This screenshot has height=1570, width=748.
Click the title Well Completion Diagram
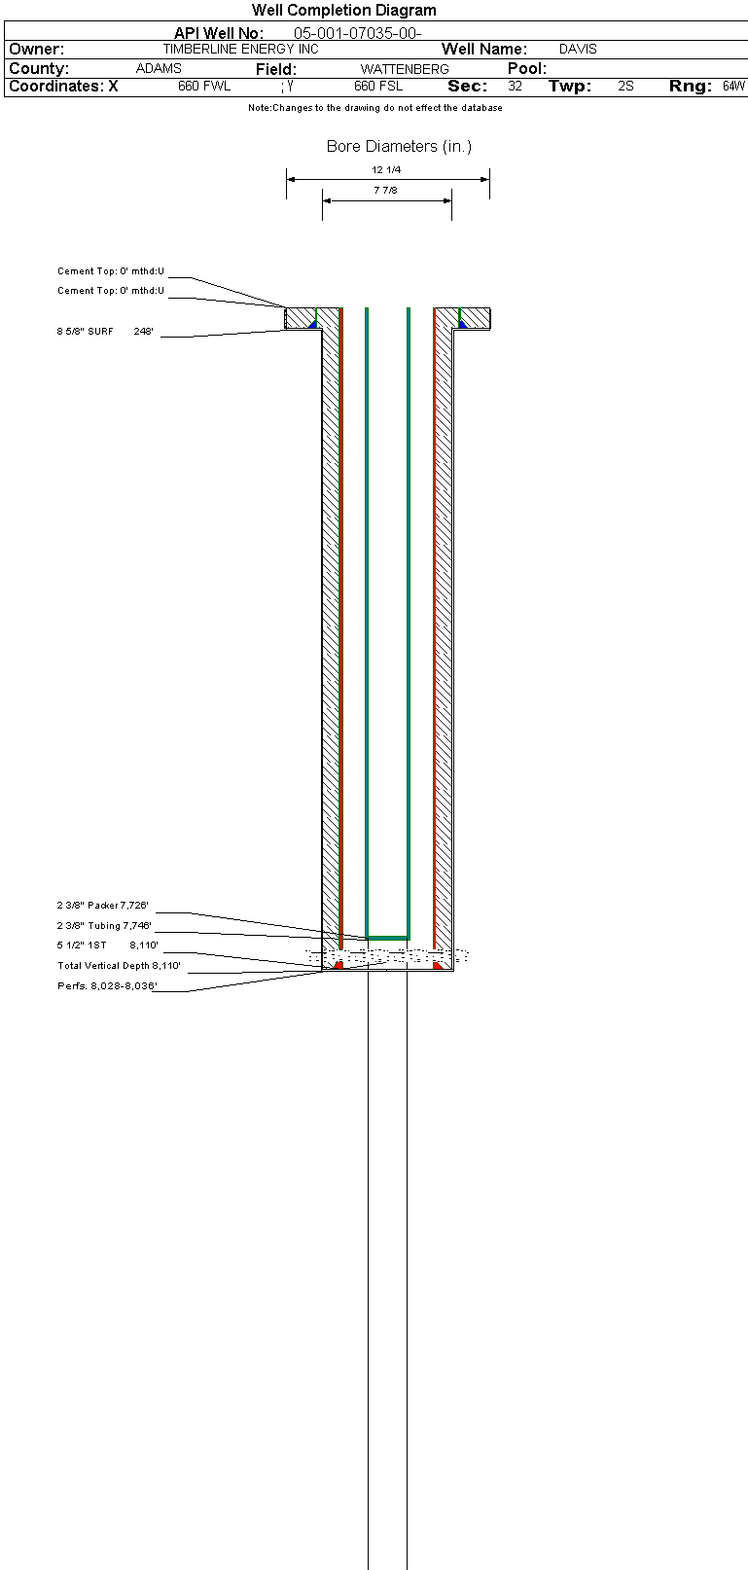[x=344, y=11]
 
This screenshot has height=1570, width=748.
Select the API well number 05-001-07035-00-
[x=357, y=34]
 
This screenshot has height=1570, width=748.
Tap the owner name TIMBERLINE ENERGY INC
[x=240, y=49]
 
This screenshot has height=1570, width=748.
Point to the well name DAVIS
[x=578, y=49]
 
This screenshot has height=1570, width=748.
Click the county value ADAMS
[x=159, y=69]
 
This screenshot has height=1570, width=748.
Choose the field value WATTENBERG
[x=405, y=69]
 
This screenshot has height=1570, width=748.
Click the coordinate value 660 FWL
[x=204, y=87]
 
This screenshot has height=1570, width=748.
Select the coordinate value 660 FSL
[x=378, y=87]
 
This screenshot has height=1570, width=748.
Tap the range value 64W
[x=733, y=87]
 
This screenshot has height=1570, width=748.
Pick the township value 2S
[x=625, y=87]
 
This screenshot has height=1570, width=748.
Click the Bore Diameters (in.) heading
[x=399, y=147]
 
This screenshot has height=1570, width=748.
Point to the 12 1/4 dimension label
[x=386, y=170]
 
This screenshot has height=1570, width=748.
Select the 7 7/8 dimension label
[x=385, y=191]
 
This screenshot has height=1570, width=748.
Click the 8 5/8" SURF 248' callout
[x=105, y=332]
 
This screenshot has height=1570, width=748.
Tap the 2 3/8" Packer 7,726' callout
[x=102, y=906]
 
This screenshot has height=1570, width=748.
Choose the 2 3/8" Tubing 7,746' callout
[x=104, y=926]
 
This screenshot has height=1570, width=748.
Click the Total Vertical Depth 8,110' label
[x=119, y=966]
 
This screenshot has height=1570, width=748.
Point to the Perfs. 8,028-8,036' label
[x=107, y=986]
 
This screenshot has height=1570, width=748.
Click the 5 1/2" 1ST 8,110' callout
[x=107, y=946]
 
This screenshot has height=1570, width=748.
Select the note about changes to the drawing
[x=374, y=108]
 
